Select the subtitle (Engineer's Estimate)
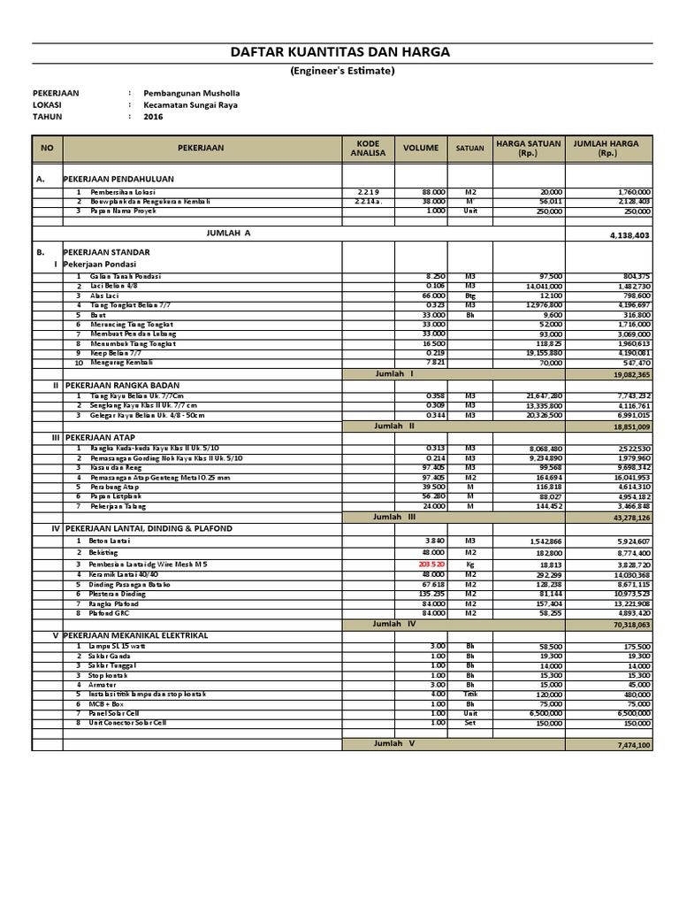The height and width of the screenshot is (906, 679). click(x=341, y=72)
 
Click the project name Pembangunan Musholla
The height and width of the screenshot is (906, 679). click(x=191, y=93)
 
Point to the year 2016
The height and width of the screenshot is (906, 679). click(x=153, y=116)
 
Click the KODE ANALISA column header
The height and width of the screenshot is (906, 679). click(x=368, y=149)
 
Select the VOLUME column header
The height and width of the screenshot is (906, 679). click(x=421, y=149)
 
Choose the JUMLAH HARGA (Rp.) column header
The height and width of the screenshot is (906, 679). click(x=606, y=149)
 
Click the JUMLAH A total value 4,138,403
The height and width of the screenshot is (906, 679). click(x=629, y=235)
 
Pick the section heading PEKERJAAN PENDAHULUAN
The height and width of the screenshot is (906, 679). click(x=118, y=179)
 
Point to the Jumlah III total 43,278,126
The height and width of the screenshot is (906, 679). click(x=627, y=517)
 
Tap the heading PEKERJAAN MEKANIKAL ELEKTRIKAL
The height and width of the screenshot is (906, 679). click(x=136, y=635)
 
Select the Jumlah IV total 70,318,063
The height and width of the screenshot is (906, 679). click(x=627, y=624)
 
